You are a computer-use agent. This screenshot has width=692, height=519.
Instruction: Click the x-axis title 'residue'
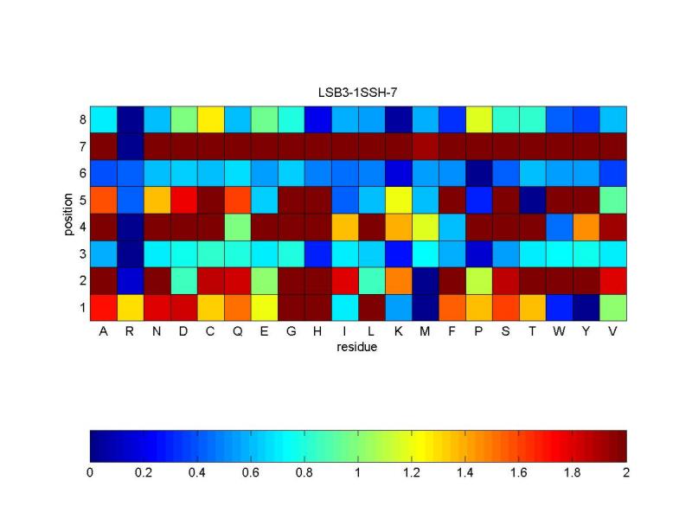point(358,348)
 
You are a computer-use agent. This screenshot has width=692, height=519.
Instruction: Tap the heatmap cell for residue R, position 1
point(130,307)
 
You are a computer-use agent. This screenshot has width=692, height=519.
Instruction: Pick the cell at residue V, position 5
point(612,199)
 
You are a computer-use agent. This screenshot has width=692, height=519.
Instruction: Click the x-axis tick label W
point(559,333)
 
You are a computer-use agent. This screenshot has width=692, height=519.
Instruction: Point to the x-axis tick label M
point(425,333)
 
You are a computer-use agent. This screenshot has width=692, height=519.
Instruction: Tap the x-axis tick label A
point(103,333)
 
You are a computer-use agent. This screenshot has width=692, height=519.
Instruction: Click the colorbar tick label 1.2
point(412,473)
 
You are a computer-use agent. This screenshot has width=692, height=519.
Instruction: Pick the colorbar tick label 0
point(90,473)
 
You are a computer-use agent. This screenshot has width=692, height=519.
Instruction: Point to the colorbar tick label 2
point(626,473)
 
